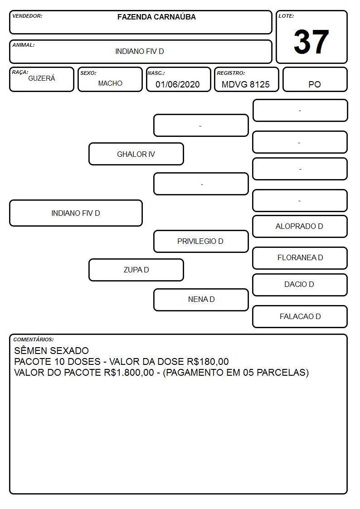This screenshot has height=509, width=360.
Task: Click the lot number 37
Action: click(311, 42)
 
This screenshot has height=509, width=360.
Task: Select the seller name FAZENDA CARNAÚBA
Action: click(156, 17)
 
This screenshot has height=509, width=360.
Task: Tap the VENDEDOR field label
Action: click(27, 16)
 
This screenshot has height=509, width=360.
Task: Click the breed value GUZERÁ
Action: click(42, 78)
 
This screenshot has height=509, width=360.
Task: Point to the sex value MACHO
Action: click(110, 83)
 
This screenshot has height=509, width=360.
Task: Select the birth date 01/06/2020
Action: click(178, 84)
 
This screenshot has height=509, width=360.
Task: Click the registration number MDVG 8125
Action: click(246, 84)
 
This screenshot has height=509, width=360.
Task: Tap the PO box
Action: click(315, 79)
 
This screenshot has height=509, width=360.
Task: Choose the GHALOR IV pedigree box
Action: click(136, 154)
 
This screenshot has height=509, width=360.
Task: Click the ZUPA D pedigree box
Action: click(136, 270)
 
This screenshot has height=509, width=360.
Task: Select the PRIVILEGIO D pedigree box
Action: click(201, 241)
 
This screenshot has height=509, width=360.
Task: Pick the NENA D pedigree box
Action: click(201, 300)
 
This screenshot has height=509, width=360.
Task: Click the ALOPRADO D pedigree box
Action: click(300, 226)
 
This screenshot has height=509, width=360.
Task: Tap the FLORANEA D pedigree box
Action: click(300, 258)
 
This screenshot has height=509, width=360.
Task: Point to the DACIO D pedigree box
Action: click(300, 285)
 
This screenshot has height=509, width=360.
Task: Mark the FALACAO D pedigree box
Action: click(300, 316)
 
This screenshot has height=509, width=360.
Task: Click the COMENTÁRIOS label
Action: click(34, 339)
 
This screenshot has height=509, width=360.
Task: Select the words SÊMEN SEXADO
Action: click(51, 350)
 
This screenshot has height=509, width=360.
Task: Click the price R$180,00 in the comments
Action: click(208, 362)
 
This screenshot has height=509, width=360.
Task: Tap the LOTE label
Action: click(286, 16)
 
